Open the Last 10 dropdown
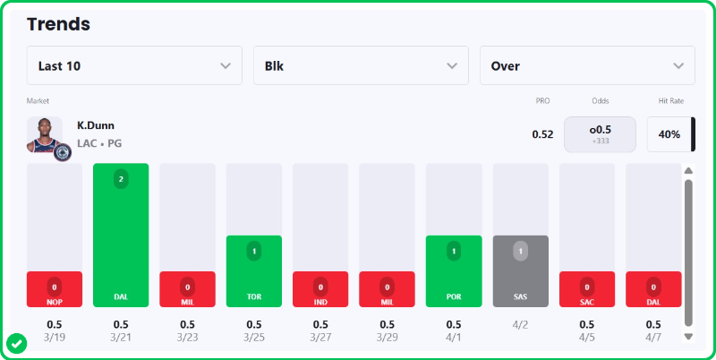[134, 65]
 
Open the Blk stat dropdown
[361, 65]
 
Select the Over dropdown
[587, 65]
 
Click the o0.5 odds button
[600, 134]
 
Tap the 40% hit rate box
[669, 134]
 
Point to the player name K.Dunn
[96, 125]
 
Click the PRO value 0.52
[542, 134]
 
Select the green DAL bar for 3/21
[121, 235]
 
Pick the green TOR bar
[254, 270]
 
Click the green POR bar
[454, 270]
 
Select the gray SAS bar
[520, 270]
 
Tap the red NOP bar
[55, 289]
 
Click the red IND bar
[320, 289]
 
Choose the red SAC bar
[586, 289]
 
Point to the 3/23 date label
[187, 337]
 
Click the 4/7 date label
[653, 337]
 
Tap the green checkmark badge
[16, 342]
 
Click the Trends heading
[58, 24]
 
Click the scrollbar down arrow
[688, 337]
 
